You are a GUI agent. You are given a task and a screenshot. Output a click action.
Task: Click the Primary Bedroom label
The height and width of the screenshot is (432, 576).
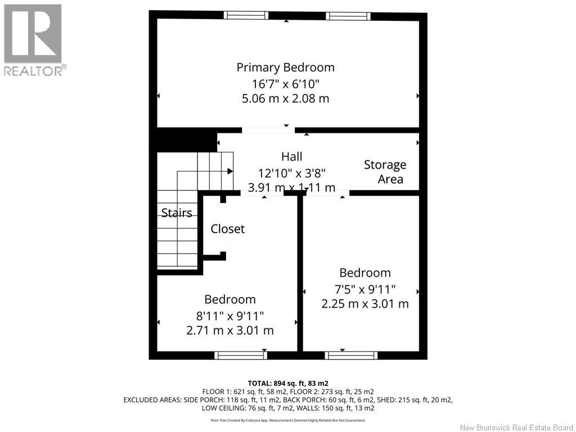(x=285, y=67)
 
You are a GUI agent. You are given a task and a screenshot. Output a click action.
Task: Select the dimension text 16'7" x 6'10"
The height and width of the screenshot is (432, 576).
(x=285, y=84)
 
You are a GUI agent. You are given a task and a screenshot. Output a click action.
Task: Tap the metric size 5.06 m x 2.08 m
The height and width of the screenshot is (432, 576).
(x=285, y=98)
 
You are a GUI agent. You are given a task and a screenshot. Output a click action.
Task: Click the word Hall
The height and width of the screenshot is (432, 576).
(x=291, y=156)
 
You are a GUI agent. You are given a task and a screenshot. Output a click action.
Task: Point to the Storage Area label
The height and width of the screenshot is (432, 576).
(x=385, y=172)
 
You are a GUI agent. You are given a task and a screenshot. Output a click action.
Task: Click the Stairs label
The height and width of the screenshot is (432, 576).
(x=177, y=213)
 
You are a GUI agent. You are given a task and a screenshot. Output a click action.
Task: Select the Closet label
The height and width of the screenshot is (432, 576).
(x=228, y=229)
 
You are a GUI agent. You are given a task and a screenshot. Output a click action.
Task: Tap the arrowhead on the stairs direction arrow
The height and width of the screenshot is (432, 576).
(x=231, y=171)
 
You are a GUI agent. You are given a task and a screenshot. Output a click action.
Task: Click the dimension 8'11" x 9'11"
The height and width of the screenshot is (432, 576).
(x=229, y=316)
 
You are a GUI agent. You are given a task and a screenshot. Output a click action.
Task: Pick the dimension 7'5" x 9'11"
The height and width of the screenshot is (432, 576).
(x=364, y=289)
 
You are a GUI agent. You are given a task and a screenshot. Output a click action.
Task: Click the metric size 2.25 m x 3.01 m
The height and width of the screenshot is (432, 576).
(x=364, y=304)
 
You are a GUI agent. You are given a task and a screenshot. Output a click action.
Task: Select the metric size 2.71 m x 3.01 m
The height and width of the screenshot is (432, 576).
(x=229, y=330)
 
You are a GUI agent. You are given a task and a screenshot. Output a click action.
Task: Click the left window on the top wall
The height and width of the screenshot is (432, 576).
(x=246, y=15)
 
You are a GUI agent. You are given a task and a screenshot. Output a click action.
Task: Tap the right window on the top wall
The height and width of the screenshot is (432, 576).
(x=347, y=15)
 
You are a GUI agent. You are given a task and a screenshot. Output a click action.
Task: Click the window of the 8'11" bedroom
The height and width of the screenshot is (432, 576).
(x=240, y=355)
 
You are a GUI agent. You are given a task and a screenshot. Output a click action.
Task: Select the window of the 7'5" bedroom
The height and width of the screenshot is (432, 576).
(x=351, y=355)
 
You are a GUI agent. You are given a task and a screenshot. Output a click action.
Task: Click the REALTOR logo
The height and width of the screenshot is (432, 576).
(x=33, y=39)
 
